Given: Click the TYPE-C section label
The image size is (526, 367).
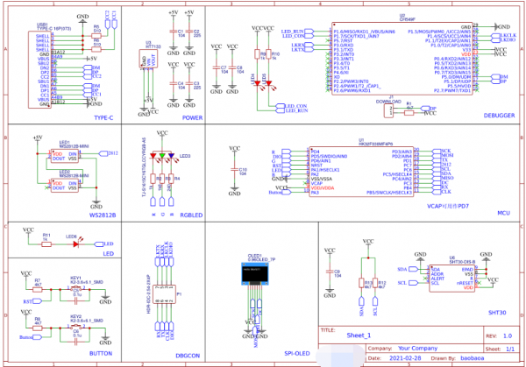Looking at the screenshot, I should [103, 116].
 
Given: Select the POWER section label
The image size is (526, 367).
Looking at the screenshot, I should [193, 116].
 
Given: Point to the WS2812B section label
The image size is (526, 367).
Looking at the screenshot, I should [103, 214].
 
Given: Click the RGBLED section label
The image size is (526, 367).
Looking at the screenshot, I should [191, 214].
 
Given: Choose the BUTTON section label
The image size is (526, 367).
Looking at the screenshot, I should [101, 353].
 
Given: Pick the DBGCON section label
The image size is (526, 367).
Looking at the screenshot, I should [189, 353].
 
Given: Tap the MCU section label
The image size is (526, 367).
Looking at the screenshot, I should [502, 212].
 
